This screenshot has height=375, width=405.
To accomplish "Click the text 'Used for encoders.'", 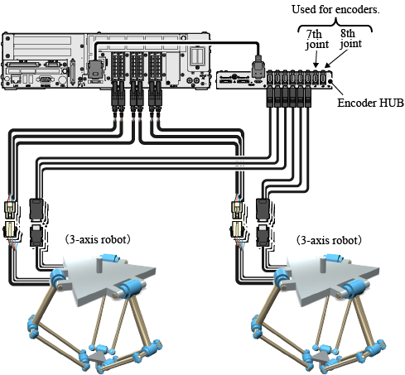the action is click(335, 10).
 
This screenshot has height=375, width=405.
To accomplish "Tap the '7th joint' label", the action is click(317, 40).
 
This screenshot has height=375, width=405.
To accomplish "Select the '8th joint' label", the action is click(350, 38).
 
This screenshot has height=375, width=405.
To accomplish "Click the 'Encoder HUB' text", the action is click(370, 103).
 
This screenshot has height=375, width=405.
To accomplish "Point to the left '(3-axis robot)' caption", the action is click(98, 239).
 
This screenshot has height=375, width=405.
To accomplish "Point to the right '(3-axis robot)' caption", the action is click(329, 240).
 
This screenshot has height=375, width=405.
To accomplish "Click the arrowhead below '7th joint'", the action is click(316, 65).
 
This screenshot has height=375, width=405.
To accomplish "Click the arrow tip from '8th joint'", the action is click(325, 67).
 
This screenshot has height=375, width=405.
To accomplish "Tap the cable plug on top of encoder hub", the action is click(258, 67).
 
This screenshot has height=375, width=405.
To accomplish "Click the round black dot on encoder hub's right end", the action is click(330, 81).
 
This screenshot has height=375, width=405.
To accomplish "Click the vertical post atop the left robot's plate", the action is click(99, 265).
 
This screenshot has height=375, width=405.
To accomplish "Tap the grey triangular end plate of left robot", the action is click(97, 358).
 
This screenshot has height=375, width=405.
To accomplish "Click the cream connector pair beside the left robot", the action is click(10, 219).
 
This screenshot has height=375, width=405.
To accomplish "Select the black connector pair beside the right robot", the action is click(263, 222).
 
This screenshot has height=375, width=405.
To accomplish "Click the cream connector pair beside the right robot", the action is click(237, 219).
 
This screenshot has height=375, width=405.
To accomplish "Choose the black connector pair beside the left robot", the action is click(36, 222).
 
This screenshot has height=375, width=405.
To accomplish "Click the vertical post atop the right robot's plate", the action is click(323, 265).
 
